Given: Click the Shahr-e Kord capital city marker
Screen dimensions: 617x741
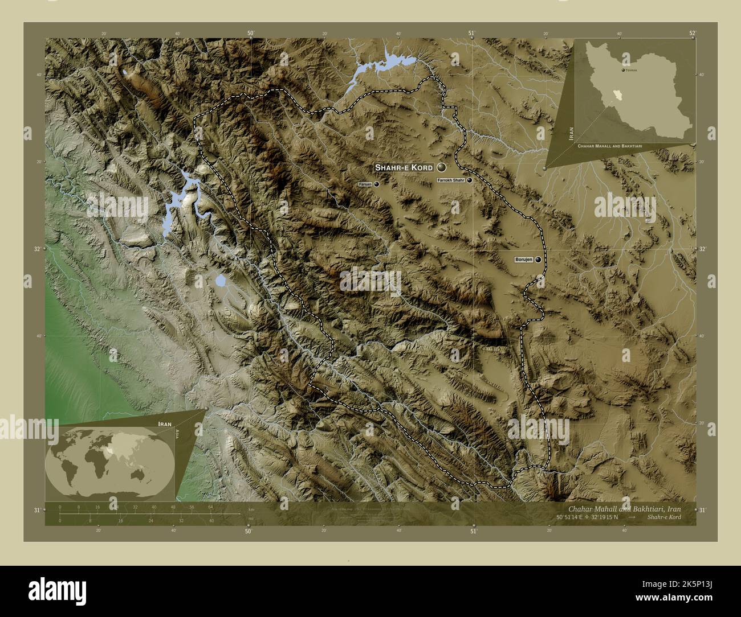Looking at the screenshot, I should [x=441, y=167].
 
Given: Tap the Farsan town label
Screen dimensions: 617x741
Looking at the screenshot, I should [x=365, y=185].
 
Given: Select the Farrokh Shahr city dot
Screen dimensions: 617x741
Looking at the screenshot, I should [x=470, y=180].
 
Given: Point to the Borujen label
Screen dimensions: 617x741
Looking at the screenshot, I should [x=523, y=260].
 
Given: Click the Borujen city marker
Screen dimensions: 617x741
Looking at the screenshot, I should [x=538, y=260].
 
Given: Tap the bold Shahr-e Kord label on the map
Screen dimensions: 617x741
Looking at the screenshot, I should [x=404, y=168].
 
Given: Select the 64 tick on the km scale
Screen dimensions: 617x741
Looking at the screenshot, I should [x=210, y=507].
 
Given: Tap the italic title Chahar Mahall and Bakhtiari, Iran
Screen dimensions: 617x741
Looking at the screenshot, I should [x=624, y=508].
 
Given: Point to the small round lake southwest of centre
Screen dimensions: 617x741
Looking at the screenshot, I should [x=219, y=281].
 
